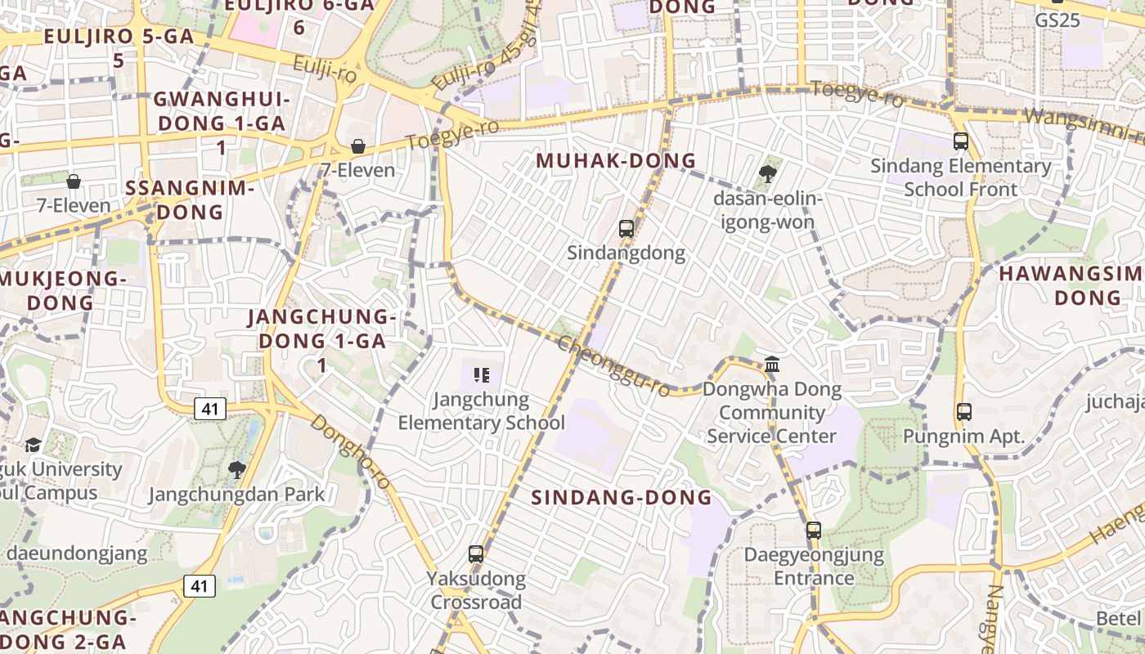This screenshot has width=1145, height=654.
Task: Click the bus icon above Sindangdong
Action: [x=626, y=229]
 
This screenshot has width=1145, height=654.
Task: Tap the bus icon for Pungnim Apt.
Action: [x=964, y=412]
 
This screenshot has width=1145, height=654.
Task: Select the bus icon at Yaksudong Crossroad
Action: [x=476, y=554]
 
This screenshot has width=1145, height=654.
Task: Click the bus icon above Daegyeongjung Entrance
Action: [x=813, y=531]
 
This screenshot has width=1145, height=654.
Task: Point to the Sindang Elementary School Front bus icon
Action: [x=961, y=141]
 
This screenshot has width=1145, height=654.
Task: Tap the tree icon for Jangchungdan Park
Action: [x=237, y=469]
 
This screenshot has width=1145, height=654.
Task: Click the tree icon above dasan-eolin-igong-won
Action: [x=767, y=173]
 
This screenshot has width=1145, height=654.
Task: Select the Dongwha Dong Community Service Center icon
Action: [x=772, y=365]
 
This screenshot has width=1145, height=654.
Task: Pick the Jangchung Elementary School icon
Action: [x=481, y=375]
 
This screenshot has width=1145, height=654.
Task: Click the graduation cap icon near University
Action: [x=33, y=445]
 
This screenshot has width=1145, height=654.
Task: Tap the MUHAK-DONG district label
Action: [x=616, y=161]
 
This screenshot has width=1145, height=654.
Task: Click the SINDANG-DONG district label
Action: [x=622, y=497]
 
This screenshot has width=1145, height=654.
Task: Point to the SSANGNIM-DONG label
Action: [x=190, y=199]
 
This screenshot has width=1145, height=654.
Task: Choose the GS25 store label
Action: [x=1057, y=20]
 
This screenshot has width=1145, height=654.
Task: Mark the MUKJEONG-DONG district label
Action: [x=61, y=290]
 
